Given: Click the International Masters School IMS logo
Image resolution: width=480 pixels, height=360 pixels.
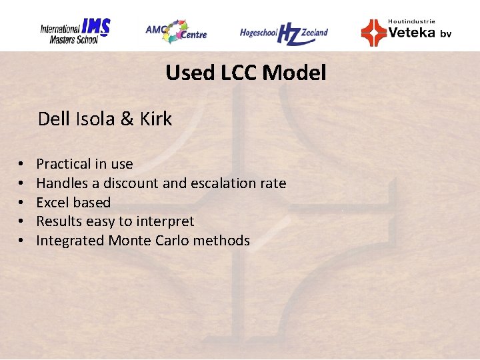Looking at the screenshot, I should (x=75, y=31).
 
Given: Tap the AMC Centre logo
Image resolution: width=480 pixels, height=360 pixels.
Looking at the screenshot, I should (x=176, y=31).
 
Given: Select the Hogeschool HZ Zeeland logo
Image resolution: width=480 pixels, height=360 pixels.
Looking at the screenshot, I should (x=284, y=33).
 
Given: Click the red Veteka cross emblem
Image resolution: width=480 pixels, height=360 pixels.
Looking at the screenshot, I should (x=373, y=32).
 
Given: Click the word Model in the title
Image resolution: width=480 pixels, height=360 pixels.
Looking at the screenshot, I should (x=294, y=72).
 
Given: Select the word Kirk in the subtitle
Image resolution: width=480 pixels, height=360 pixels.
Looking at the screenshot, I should (x=156, y=119).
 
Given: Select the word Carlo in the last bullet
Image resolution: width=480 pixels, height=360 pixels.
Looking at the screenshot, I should (x=171, y=241).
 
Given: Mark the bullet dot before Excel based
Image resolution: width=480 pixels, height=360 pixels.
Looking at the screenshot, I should (x=21, y=203).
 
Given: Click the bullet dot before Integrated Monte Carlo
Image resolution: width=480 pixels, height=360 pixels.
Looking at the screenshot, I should (x=21, y=241).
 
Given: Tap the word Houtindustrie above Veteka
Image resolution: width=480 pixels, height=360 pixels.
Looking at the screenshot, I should (x=411, y=21).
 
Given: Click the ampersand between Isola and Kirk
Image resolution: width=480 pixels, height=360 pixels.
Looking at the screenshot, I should (x=127, y=119).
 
